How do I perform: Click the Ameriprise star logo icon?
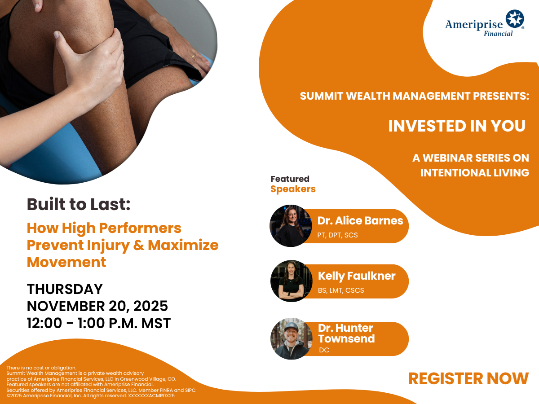click(x=515, y=19)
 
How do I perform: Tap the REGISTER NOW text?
click(x=468, y=379)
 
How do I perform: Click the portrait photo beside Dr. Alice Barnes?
click(x=291, y=226)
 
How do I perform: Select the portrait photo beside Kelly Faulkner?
click(x=292, y=281)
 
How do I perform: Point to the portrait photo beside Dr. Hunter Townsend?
click(x=292, y=339)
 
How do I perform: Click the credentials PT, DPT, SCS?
click(x=337, y=235)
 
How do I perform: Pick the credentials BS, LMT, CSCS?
click(x=341, y=290)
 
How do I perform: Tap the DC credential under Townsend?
click(x=324, y=350)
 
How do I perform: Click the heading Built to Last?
click(x=79, y=204)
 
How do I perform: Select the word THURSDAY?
click(x=65, y=289)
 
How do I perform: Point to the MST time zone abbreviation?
click(x=156, y=323)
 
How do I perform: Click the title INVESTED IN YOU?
click(x=457, y=126)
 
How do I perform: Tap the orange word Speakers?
click(x=293, y=189)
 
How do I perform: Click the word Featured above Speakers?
click(x=290, y=179)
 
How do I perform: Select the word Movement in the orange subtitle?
click(x=66, y=262)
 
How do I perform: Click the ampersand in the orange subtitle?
click(x=139, y=245)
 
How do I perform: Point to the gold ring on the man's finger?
click(x=194, y=56)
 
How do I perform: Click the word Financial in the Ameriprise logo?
click(x=498, y=33)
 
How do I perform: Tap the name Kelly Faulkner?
click(x=357, y=276)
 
